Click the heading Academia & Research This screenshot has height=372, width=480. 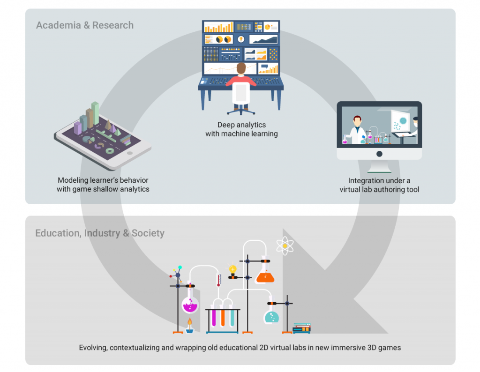point(85,25)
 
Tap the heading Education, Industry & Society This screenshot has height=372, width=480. point(100,233)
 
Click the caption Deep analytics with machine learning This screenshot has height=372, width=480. point(241,129)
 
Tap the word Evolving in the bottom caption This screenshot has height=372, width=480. point(93,348)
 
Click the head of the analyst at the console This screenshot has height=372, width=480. point(241,69)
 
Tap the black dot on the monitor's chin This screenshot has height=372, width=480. point(379,154)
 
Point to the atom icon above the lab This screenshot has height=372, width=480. point(285,246)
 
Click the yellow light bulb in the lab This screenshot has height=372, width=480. point(232,269)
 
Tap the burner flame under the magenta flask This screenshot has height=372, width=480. point(189,322)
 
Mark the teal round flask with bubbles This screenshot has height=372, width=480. point(271,317)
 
